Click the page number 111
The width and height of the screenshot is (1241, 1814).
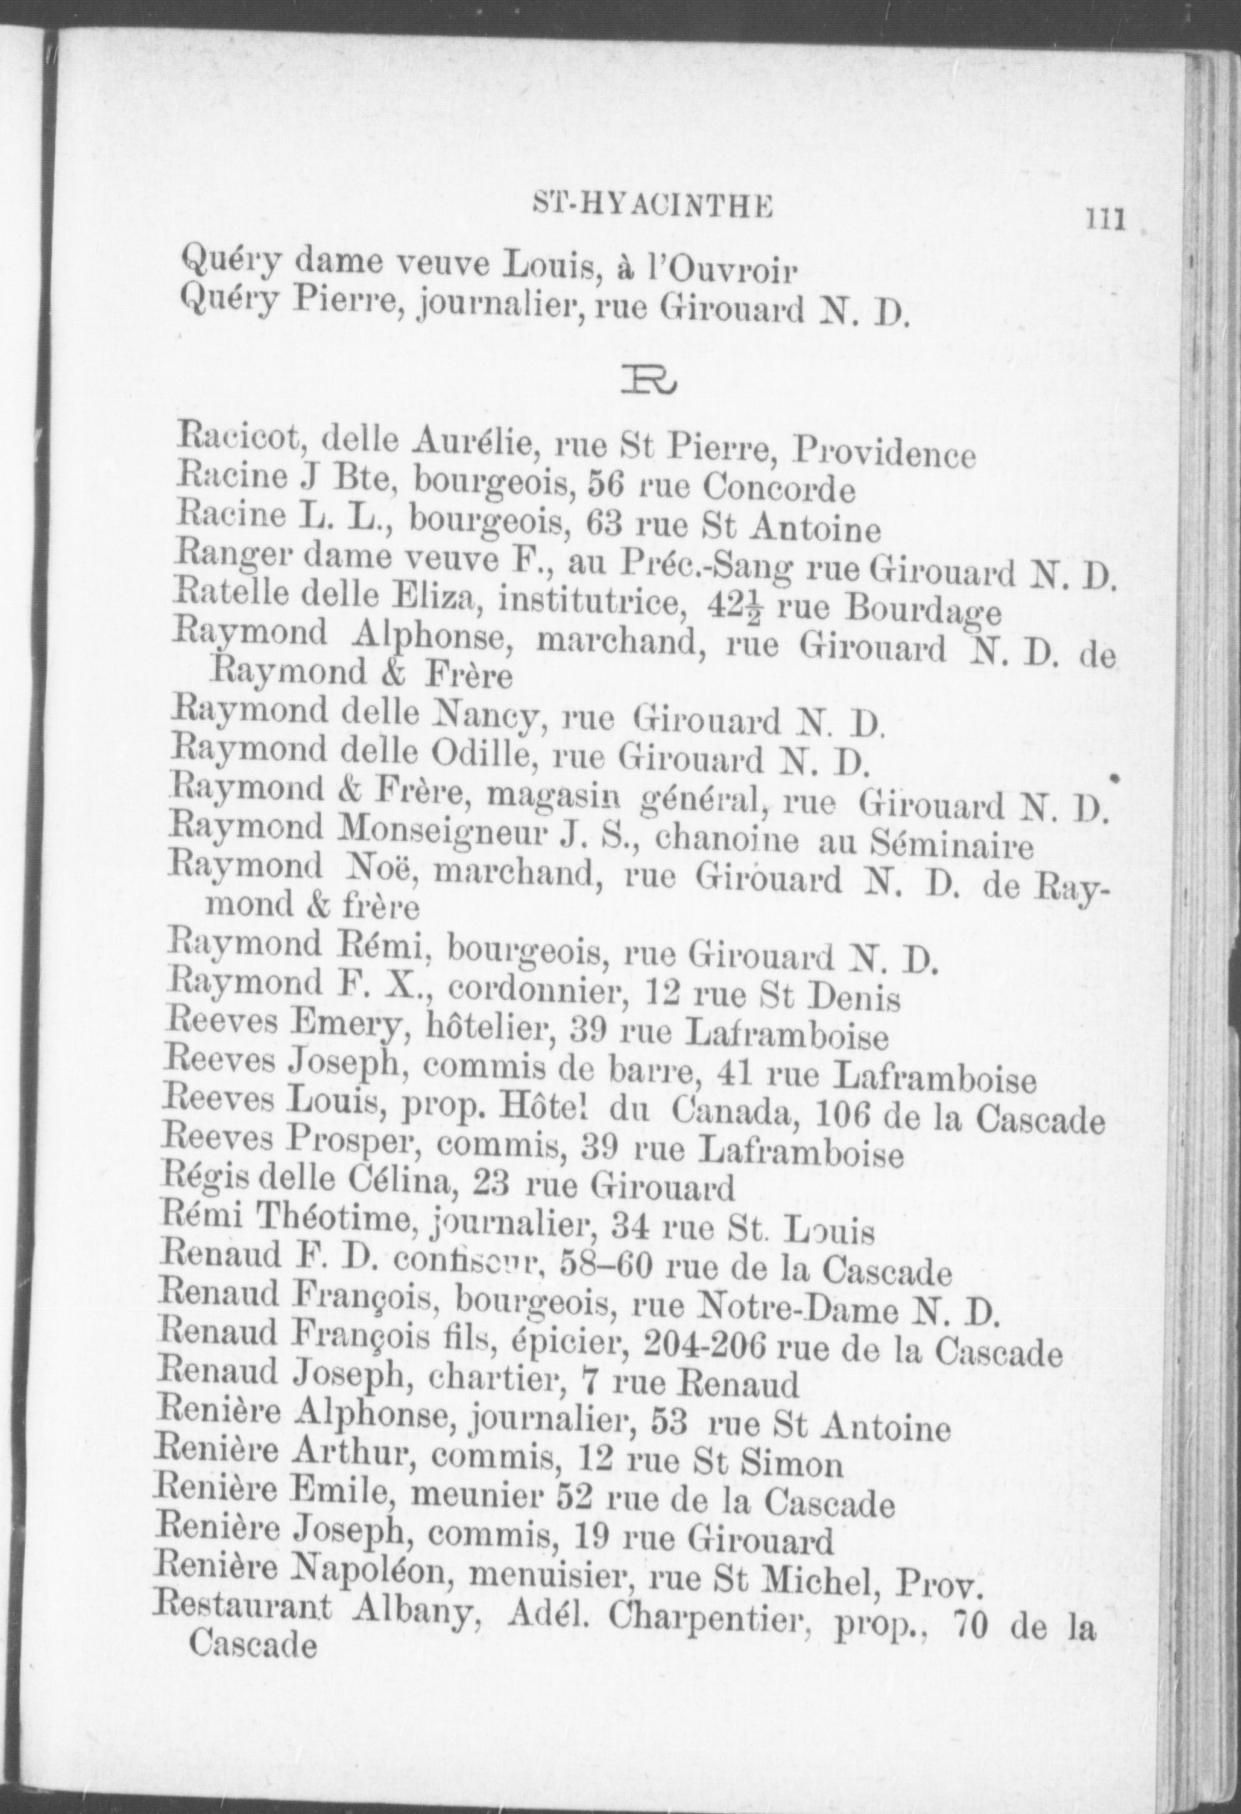point(1105,221)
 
